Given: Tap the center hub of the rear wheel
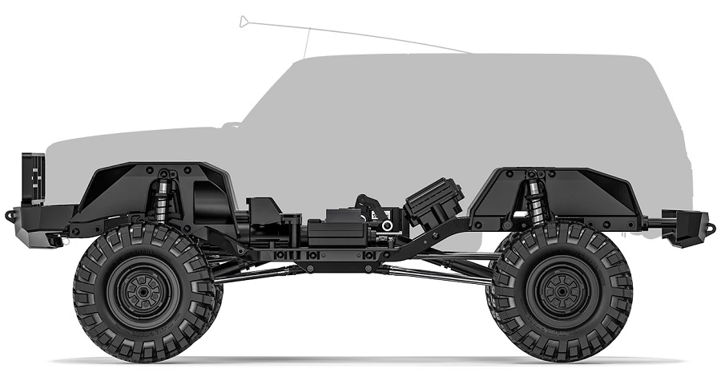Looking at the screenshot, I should click(558, 291).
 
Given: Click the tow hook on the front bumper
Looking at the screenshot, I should click(9, 215).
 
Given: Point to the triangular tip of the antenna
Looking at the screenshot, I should click(244, 21).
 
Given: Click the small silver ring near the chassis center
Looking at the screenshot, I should click(388, 225).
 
